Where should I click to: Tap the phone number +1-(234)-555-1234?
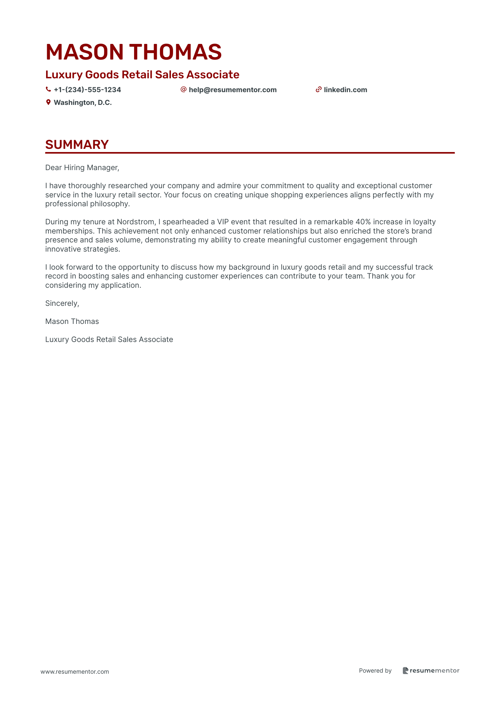(x=87, y=90)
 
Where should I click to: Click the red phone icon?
(x=48, y=90)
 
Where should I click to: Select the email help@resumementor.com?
(x=233, y=90)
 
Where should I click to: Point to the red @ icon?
(x=183, y=89)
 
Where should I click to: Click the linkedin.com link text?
(x=345, y=90)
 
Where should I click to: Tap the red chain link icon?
(x=318, y=90)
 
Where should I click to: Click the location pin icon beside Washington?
(x=48, y=102)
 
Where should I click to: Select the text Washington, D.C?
(x=83, y=102)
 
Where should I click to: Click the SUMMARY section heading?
(x=77, y=145)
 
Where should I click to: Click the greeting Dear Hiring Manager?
(x=82, y=168)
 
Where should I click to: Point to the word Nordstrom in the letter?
(x=136, y=222)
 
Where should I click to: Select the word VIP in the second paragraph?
(x=223, y=222)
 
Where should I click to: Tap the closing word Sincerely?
(x=62, y=303)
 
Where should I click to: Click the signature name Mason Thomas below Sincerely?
(x=72, y=321)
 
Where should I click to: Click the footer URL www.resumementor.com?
(x=75, y=672)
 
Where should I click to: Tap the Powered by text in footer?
(x=375, y=670)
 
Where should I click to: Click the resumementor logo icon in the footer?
(x=405, y=670)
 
